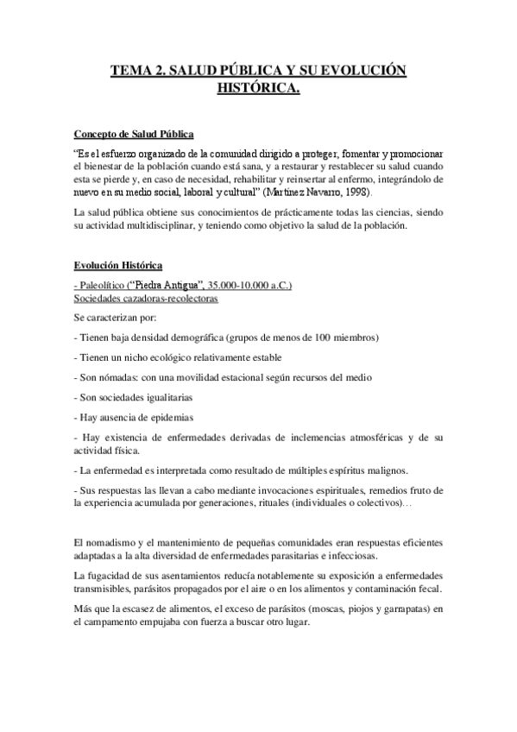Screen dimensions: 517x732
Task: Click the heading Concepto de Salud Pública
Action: (134, 134)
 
